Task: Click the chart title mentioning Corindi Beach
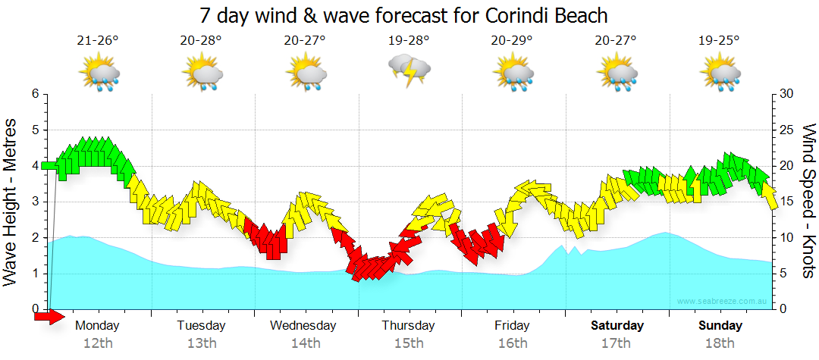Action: [x=403, y=15]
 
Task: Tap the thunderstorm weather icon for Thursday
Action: [x=409, y=71]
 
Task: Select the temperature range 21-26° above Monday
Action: [x=98, y=41]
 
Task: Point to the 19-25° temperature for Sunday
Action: [x=719, y=41]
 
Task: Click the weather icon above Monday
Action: [x=99, y=74]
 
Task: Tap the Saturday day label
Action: [x=617, y=326]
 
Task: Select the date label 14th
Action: [x=305, y=343]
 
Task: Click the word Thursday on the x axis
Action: [x=408, y=326]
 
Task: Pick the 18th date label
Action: [x=720, y=343]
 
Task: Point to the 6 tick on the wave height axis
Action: [x=34, y=94]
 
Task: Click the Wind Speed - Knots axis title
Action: [x=808, y=202]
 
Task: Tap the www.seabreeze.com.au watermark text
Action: [x=723, y=302]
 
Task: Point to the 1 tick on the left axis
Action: [x=34, y=274]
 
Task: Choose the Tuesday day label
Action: [x=201, y=326]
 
